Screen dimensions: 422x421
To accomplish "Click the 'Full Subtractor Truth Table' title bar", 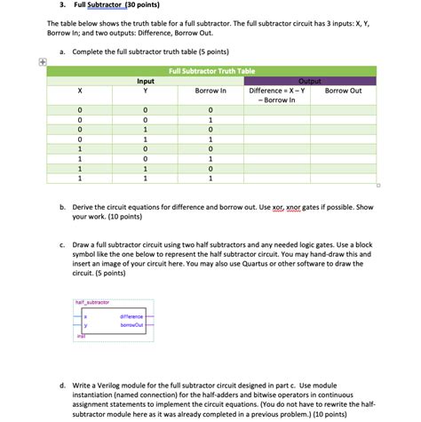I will (210, 70).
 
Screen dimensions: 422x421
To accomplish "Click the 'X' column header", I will (80, 91).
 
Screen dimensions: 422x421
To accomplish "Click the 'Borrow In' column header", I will (210, 91).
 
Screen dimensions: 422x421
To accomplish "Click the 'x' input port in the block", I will (85, 316).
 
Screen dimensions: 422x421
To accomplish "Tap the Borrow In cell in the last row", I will (210, 178).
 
